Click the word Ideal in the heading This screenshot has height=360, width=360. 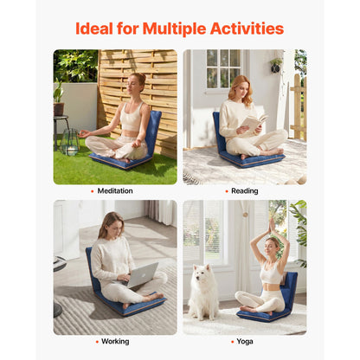click(94, 29)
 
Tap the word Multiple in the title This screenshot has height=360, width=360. click(174, 29)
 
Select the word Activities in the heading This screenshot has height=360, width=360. click(247, 29)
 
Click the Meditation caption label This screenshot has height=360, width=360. click(115, 191)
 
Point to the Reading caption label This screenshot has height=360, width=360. click(245, 191)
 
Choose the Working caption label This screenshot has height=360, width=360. click(115, 342)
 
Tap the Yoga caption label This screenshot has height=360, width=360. click(245, 342)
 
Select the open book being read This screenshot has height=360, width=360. click(254, 121)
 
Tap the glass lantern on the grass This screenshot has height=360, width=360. click(69, 142)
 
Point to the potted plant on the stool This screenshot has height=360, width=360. click(58, 98)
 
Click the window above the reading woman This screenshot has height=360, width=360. click(223, 69)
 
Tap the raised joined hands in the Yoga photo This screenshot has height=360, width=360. click(272, 225)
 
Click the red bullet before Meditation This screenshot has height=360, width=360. click(93, 191)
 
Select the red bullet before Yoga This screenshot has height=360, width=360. click(232, 342)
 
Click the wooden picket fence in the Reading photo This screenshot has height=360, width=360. click(299, 106)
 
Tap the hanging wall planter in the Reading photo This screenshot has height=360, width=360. click(276, 66)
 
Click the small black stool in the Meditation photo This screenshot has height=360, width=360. click(61, 132)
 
